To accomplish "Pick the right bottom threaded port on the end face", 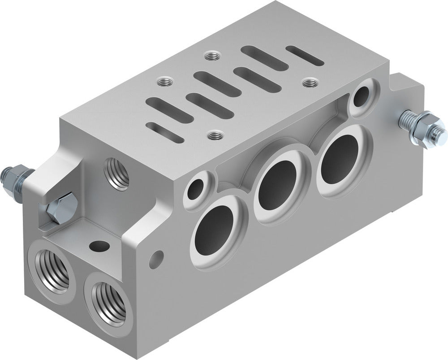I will pos(107,302).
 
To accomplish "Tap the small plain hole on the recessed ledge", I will pos(98,245).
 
